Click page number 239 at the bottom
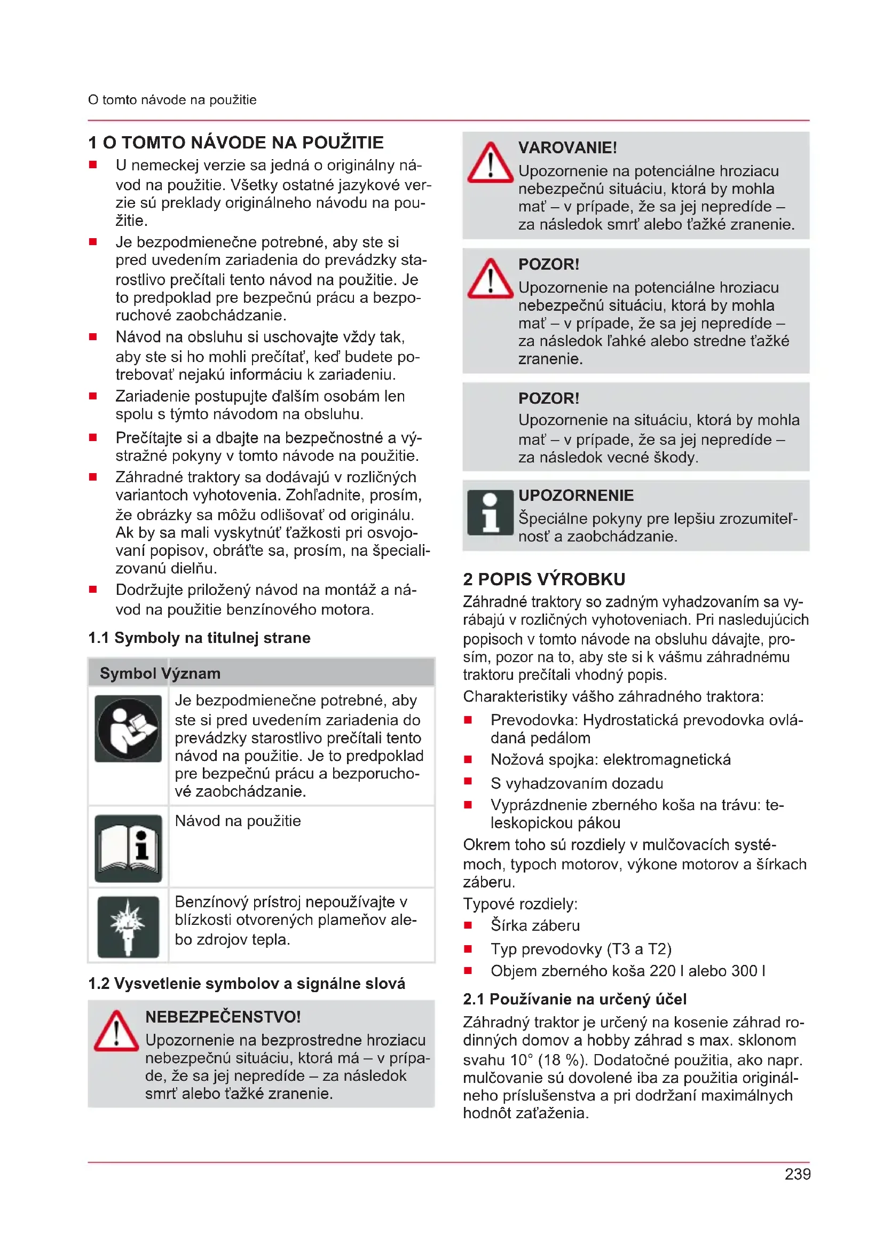[x=797, y=1174]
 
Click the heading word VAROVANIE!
[x=567, y=147]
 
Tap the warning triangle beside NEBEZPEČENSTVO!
[x=116, y=1032]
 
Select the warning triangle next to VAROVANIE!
[x=490, y=163]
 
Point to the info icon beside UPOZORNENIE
[x=490, y=513]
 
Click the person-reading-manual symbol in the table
[x=128, y=728]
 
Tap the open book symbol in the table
[x=128, y=848]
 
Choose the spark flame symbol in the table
[x=128, y=926]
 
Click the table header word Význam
[x=190, y=673]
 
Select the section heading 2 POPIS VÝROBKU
[x=544, y=579]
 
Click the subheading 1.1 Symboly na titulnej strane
[x=199, y=638]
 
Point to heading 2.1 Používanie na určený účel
[x=575, y=999]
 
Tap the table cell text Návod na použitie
[x=238, y=821]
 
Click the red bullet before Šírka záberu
[x=468, y=925]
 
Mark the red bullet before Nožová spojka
[x=468, y=759]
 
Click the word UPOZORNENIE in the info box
[x=576, y=496]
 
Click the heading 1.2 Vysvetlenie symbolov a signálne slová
[x=246, y=984]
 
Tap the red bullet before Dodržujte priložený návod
[x=93, y=589]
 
